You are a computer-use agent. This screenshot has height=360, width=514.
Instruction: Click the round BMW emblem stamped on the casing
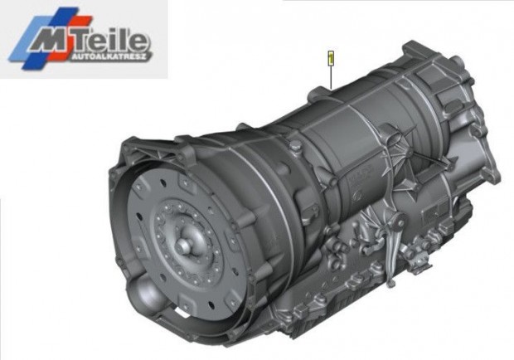[356, 196]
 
